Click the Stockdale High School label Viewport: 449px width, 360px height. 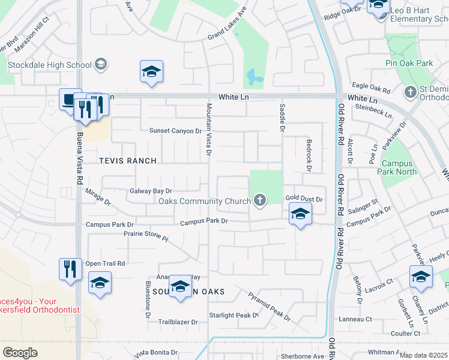(49, 65)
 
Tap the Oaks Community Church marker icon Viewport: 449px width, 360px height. (260, 200)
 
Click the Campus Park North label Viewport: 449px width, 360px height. (397, 167)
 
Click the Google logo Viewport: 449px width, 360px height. (20, 353)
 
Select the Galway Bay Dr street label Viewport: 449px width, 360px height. (151, 191)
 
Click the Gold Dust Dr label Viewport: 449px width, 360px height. (304, 199)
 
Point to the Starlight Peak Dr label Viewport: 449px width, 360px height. (233, 315)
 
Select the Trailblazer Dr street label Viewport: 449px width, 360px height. (178, 322)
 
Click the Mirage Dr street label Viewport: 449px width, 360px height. (98, 198)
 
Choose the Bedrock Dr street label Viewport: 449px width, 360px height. (309, 155)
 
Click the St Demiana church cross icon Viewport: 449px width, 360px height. (411, 92)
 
